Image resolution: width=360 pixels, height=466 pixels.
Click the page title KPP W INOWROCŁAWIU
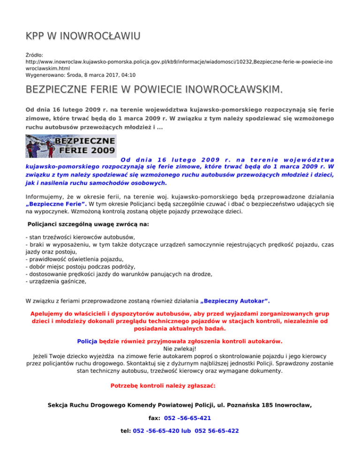coord(82,36)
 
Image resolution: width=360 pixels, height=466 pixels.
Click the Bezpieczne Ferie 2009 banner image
coord(71,146)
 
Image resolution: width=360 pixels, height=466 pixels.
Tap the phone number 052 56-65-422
coord(212,431)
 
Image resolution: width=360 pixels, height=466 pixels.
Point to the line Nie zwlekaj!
coord(180,349)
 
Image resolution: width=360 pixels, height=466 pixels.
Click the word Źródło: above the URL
coord(36,55)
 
